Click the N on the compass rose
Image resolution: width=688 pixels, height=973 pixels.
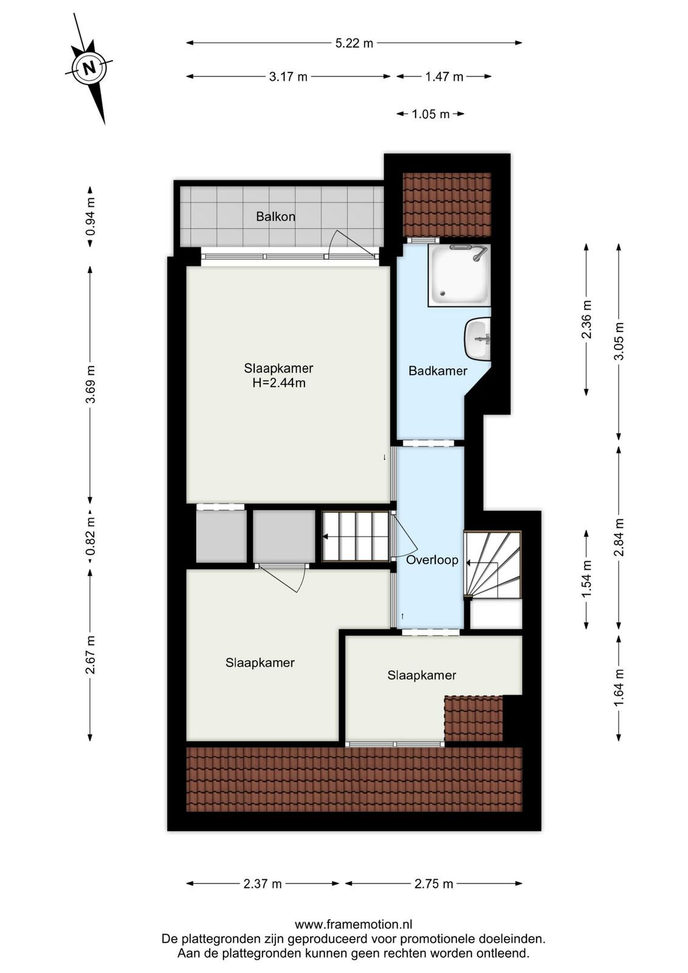89,68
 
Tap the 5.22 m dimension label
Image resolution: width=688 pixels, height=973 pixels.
354,43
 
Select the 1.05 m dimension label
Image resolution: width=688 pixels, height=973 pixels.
430,114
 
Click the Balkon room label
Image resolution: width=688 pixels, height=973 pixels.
276,216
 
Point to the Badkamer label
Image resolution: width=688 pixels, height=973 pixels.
438,371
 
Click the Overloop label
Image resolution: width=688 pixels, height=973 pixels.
432,560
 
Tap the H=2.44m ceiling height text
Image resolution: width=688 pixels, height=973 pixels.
279,383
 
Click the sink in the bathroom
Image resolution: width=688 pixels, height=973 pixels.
478,339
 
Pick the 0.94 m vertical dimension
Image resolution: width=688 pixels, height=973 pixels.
91,216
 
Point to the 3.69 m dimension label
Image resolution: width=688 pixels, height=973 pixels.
91,384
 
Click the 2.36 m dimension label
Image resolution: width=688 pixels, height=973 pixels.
587,319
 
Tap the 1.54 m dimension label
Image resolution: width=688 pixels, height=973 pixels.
587,580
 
